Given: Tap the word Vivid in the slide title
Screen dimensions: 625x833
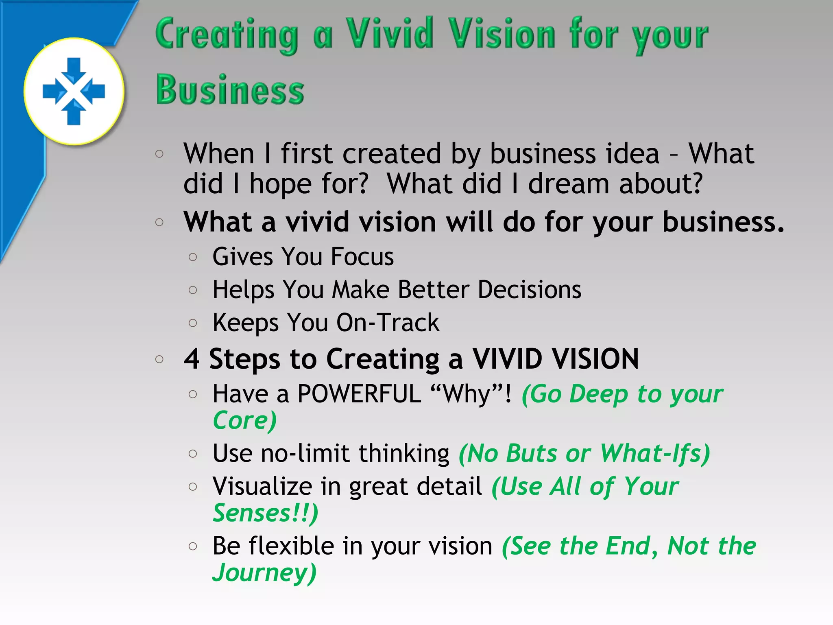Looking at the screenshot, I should click(x=390, y=34).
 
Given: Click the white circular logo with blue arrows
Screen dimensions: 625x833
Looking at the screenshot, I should click(x=74, y=91).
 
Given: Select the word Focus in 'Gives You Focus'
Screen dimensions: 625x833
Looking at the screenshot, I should click(x=362, y=257).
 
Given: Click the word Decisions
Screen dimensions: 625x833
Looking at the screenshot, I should click(x=530, y=290).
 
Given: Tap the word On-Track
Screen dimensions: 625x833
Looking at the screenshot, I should click(x=388, y=323).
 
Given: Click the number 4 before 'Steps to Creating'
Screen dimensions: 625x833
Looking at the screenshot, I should click(x=192, y=359).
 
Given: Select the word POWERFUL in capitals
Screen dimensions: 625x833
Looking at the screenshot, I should click(x=359, y=394).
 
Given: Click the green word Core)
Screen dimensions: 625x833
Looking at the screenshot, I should click(x=245, y=420).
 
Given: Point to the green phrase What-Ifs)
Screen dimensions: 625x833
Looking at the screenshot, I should click(x=655, y=453).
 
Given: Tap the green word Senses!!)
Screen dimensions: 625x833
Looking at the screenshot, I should click(x=265, y=513).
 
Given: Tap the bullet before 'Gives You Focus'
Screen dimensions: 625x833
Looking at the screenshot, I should click(x=193, y=257).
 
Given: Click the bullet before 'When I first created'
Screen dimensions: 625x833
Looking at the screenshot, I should click(x=159, y=154).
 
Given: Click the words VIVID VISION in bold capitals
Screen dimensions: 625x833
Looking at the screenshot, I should click(x=555, y=359).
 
